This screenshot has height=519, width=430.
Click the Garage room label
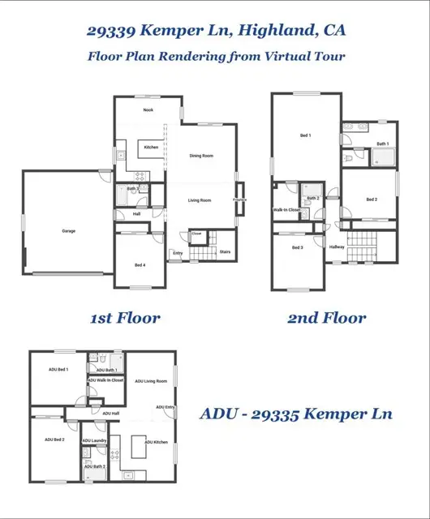[68, 231]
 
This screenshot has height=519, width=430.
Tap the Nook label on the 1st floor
[148, 109]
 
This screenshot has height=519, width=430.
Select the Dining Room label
[201, 156]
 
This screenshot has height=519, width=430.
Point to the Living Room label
[200, 200]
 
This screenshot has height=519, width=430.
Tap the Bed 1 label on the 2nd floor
[305, 135]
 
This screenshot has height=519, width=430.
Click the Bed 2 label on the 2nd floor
[371, 199]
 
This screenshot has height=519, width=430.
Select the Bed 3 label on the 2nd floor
[297, 247]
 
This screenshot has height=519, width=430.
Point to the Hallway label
[338, 247]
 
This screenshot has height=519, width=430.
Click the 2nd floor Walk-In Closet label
[286, 210]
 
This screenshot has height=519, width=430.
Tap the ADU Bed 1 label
[56, 370]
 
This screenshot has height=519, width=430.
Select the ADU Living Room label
[151, 380]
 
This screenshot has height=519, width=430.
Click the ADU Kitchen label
[156, 442]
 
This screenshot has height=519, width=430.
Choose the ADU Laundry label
[95, 441]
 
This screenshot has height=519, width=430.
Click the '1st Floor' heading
[124, 319]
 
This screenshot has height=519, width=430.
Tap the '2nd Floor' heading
[326, 319]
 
